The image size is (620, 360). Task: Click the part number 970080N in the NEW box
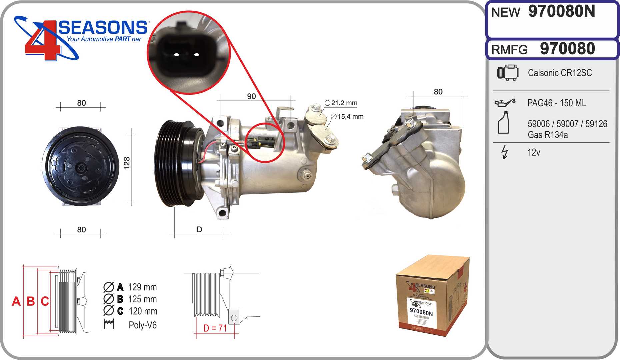click(561, 12)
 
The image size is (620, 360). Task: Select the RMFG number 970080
click(567, 49)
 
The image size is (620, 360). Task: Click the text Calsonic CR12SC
click(560, 73)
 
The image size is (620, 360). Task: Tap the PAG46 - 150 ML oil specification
click(556, 103)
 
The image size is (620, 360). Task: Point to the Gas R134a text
click(547, 135)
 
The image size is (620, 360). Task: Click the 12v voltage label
click(533, 152)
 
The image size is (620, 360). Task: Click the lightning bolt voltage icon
click(505, 152)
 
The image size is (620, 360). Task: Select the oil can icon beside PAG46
click(504, 103)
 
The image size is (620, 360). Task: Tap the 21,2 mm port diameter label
click(341, 103)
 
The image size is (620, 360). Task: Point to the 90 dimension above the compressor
click(251, 96)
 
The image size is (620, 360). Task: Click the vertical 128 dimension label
click(127, 163)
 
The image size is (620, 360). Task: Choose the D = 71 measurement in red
click(215, 328)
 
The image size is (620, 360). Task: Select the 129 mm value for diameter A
click(142, 287)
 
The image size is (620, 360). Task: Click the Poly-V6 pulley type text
click(142, 325)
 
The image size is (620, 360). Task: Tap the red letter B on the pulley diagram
click(30, 301)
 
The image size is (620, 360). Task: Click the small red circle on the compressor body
click(265, 143)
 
